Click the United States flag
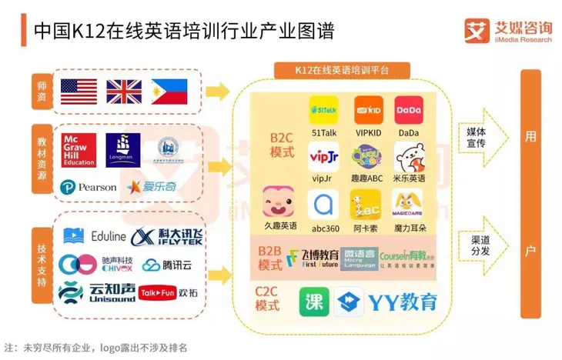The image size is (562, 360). click(77, 92)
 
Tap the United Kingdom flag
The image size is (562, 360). click(123, 92)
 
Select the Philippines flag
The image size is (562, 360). click(169, 92)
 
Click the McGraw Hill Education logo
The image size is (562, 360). click(78, 148)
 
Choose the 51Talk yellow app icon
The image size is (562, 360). click(323, 111)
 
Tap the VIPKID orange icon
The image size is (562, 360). click(367, 111)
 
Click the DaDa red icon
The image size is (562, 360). click(408, 111)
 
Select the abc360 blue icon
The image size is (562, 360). click(323, 204)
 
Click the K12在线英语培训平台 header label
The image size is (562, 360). click(342, 70)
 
